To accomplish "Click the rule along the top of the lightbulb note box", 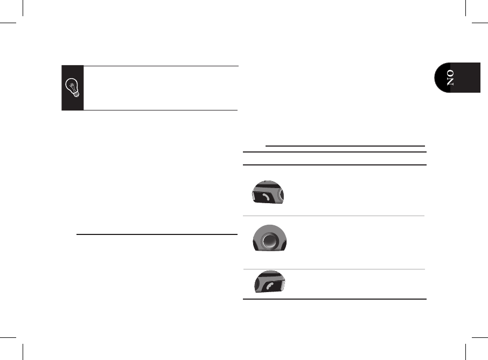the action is point(161,66).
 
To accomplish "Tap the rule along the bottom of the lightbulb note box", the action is point(161,110).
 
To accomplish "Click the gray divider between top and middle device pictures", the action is point(334,216).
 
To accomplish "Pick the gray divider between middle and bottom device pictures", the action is point(334,269).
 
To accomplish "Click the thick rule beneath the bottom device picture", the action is point(334,299).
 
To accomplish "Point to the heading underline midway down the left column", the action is point(157,234).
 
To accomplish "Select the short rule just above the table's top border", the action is point(345,146).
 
